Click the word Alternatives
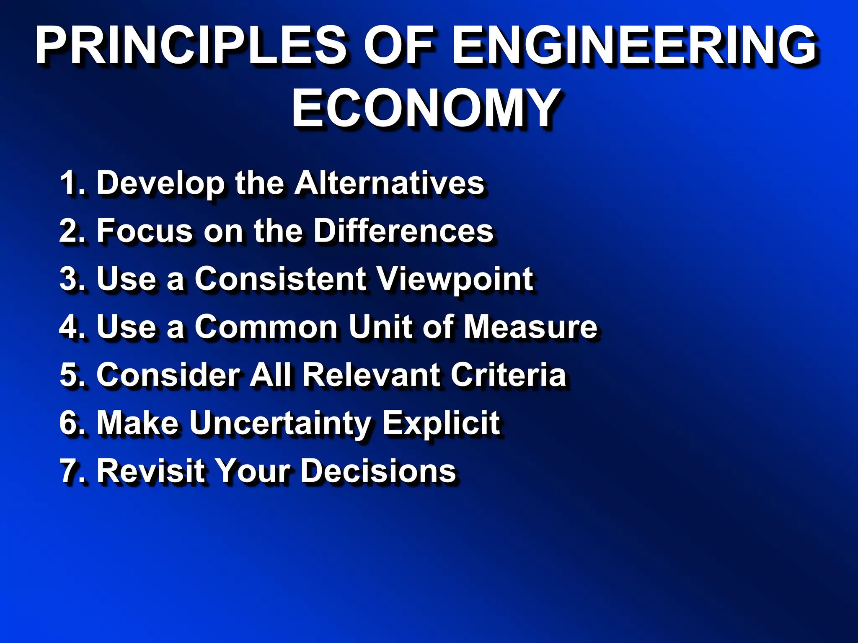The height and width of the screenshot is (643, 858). coord(389,183)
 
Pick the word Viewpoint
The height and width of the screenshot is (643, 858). coord(455,279)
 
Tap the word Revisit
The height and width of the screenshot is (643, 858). coord(151,471)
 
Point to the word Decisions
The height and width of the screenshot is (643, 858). coord(379,471)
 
